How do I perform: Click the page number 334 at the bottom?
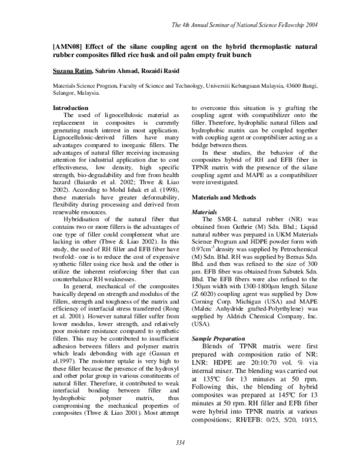coord(179,443)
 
